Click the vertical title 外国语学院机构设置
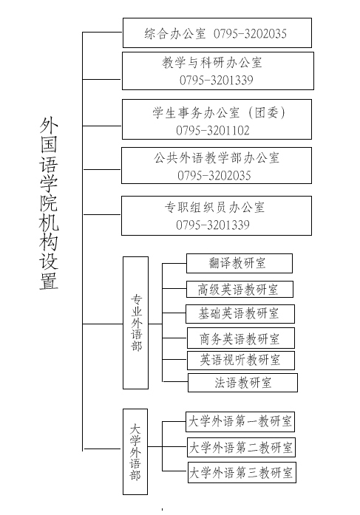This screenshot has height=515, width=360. tap(49, 203)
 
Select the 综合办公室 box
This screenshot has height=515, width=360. tap(217, 33)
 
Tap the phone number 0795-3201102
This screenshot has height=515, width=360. tap(213, 130)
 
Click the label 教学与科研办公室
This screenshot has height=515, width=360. tap(212, 62)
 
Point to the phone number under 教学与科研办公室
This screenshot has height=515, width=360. tap(217, 80)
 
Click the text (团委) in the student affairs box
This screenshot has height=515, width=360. tap(265, 112)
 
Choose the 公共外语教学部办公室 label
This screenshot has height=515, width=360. tap(217, 158)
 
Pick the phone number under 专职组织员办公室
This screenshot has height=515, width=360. tap(213, 225)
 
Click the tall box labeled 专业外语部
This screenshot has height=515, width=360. tap(136, 323)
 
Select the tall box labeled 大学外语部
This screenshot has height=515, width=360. tap(135, 451)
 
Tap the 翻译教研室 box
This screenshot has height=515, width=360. tap(240, 263)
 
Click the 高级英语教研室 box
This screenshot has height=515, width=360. tap(240, 290)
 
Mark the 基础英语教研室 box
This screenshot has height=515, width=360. tap(240, 314)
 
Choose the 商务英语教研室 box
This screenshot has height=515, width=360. tap(241, 338)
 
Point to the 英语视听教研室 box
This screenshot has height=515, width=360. tap(241, 361)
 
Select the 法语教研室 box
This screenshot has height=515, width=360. tap(242, 383)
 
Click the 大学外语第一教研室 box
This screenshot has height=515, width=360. tap(240, 421)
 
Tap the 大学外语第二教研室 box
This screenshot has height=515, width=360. tap(241, 447)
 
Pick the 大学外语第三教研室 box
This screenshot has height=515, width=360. tap(242, 472)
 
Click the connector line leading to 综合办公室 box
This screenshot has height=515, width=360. tap(102, 33)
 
